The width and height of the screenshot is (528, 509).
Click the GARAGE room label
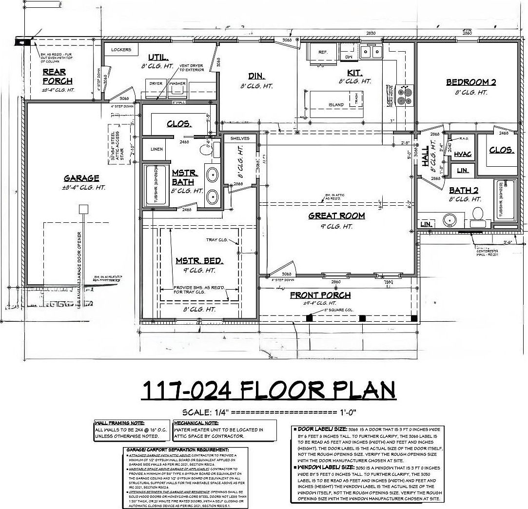pyautogui.click(x=81, y=178)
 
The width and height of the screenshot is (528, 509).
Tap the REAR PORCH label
pyautogui.click(x=57, y=77)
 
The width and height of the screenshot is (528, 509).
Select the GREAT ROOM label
pyautogui.click(x=336, y=215)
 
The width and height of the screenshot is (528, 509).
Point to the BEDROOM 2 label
pyautogui.click(x=471, y=82)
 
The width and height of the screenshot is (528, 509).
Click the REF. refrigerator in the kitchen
pyautogui.click(x=322, y=51)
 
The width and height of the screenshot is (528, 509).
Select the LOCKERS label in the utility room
pyautogui.click(x=121, y=50)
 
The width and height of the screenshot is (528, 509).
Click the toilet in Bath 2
pyautogui.click(x=477, y=215)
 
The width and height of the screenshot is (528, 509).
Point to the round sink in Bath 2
pyautogui.click(x=450, y=220)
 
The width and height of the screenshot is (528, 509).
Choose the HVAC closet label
pyautogui.click(x=463, y=154)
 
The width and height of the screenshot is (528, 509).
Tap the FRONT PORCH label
pyautogui.click(x=320, y=295)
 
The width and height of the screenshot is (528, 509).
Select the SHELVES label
pyautogui.click(x=239, y=138)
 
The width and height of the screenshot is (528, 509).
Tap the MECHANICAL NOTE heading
pyautogui.click(x=193, y=423)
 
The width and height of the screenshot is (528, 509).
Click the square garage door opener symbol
pyautogui.click(x=83, y=209)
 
